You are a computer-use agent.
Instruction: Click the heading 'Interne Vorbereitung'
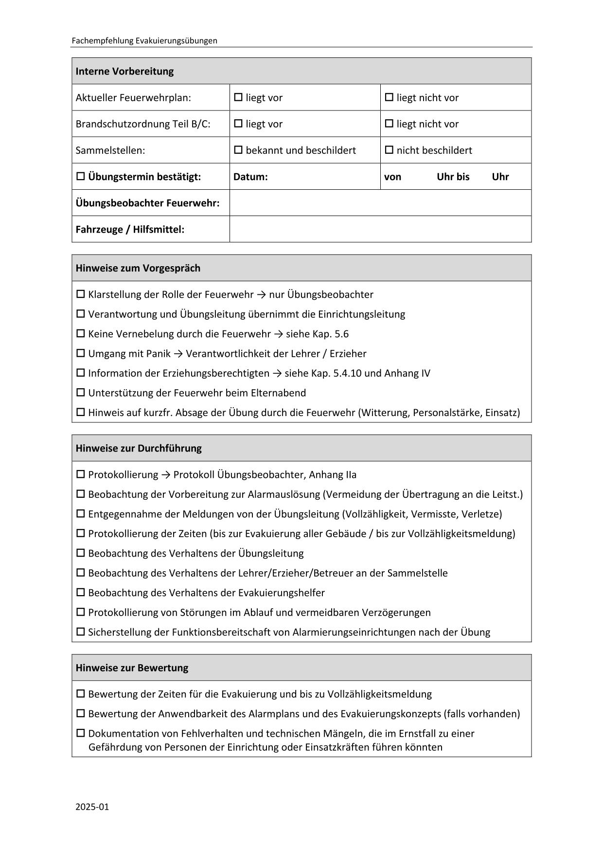tap(124, 71)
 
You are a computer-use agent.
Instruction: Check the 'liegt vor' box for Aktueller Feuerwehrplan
tap(238, 97)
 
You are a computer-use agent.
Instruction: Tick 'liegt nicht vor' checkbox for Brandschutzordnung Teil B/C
tap(389, 124)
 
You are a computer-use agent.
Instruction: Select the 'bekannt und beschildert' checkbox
tap(238, 150)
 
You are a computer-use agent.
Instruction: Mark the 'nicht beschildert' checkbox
tap(389, 150)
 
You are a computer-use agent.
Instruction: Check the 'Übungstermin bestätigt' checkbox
tap(81, 176)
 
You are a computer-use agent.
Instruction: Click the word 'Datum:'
tap(250, 177)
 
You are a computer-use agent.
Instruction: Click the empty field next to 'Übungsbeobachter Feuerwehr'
tap(380, 202)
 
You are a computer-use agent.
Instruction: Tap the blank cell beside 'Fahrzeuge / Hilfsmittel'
tap(380, 229)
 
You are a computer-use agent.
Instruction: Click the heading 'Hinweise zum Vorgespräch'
tap(138, 268)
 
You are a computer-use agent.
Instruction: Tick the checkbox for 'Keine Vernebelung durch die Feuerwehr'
tap(81, 333)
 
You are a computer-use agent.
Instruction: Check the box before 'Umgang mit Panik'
tap(81, 353)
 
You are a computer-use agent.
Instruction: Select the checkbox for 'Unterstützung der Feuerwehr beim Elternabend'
tap(81, 393)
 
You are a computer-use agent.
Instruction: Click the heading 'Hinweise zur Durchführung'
tap(138, 448)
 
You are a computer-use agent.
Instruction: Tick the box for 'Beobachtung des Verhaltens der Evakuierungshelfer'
tap(81, 592)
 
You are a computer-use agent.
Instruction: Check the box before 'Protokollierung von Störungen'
tap(81, 612)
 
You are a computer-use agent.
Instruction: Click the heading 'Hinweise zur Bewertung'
tap(132, 668)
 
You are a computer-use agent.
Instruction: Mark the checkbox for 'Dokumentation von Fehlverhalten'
tap(81, 733)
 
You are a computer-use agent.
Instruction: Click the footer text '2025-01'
tap(92, 807)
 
